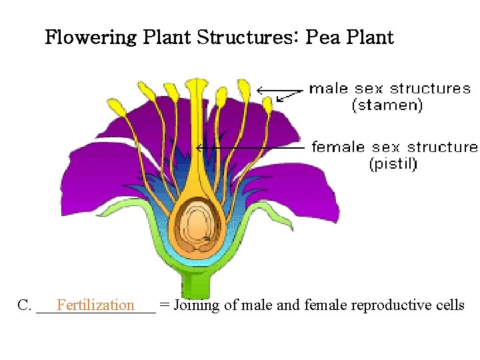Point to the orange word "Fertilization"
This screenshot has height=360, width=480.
(95, 305)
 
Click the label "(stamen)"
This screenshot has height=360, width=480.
(387, 105)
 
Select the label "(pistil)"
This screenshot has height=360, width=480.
(393, 164)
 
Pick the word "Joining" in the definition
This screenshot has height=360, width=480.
(195, 305)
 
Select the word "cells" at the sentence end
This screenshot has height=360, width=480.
(449, 305)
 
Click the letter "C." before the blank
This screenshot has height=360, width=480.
(25, 305)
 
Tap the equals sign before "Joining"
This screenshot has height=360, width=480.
(163, 305)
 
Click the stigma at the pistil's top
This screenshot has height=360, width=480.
(196, 86)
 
